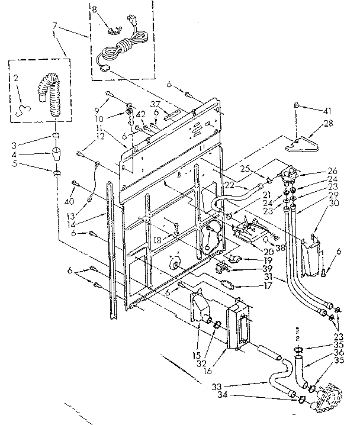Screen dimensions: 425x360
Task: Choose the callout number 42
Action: tap(140, 114)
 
